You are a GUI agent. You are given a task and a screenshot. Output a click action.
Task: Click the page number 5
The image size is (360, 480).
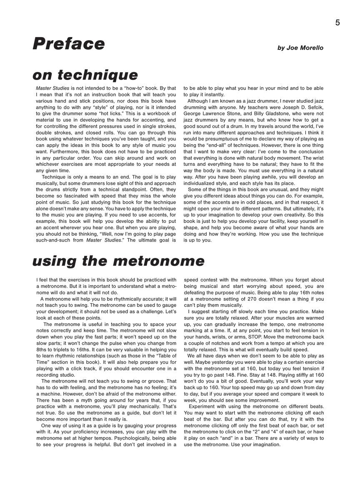[337, 23]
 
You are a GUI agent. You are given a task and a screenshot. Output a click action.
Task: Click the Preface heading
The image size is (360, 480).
[69, 44]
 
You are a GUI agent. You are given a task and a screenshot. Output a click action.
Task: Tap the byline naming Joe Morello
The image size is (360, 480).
[300, 48]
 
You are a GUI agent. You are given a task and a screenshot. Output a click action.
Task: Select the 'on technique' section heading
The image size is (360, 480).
[85, 75]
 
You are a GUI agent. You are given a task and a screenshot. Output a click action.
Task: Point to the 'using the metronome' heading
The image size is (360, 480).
[118, 261]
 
